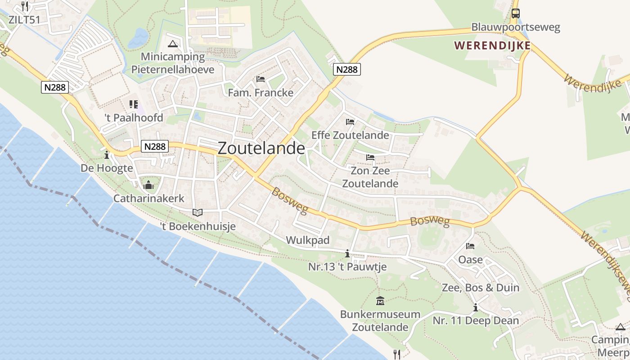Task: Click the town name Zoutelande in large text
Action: click(261, 148)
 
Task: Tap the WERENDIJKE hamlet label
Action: click(492, 45)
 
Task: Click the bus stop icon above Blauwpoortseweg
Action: click(516, 13)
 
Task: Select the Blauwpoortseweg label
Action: click(516, 27)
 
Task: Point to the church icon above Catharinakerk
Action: click(148, 185)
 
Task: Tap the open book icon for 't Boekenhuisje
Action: click(197, 212)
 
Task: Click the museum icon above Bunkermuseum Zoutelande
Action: click(380, 301)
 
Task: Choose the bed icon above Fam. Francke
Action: click(261, 79)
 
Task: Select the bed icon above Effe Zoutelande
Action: click(350, 121)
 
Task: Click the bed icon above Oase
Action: click(470, 246)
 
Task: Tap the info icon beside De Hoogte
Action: click(107, 155)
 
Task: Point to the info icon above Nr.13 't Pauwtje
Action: click(347, 254)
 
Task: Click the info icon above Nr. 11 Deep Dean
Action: click(476, 308)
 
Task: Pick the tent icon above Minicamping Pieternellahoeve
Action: click(172, 44)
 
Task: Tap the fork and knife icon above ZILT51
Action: click(25, 6)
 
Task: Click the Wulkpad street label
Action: click(308, 240)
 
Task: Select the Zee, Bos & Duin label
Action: click(481, 288)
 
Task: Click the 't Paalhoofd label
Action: click(134, 118)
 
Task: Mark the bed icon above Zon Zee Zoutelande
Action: click(370, 157)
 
